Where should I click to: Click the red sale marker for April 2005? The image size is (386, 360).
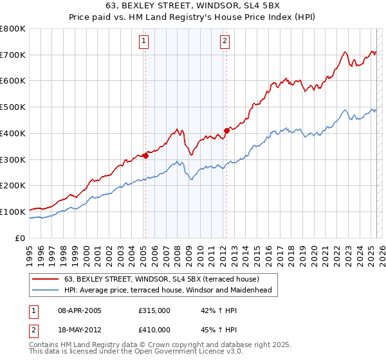145,155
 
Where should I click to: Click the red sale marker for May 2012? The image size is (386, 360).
226,130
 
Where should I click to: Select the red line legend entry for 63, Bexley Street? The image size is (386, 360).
161,279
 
